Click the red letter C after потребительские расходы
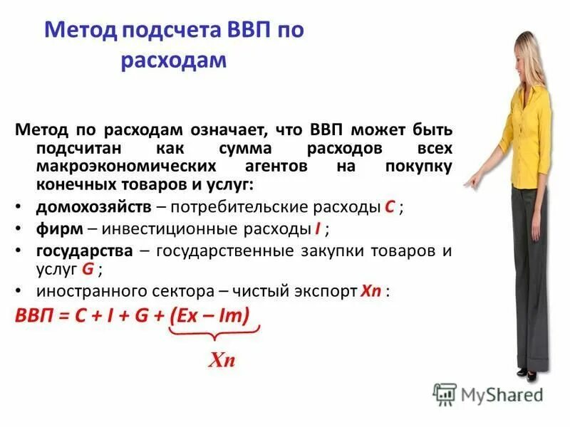pos(390,207)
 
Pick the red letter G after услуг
pos(88,269)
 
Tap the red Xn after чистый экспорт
pos(372,291)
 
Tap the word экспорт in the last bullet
pos(322,291)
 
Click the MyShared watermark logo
pos(488,394)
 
